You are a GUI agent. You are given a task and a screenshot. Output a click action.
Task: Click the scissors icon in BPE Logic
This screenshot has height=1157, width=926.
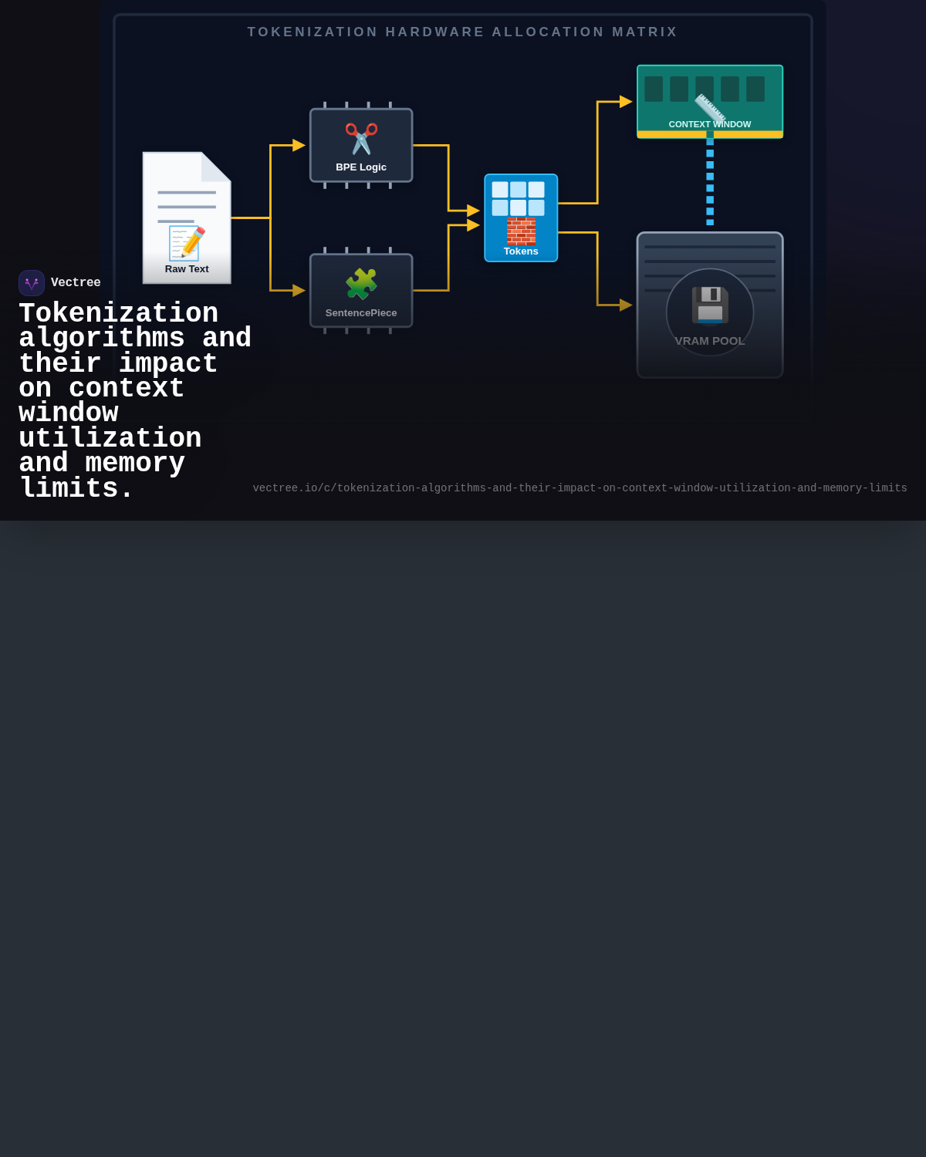(x=361, y=139)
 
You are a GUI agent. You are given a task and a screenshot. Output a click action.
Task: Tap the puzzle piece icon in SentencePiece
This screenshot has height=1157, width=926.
(x=361, y=284)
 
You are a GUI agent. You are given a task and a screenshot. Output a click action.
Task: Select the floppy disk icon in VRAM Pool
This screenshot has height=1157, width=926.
(x=710, y=305)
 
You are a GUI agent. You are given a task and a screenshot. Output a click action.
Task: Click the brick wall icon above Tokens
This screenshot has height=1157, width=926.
(x=521, y=231)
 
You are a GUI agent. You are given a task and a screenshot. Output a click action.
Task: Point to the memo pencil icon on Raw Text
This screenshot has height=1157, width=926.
(x=187, y=244)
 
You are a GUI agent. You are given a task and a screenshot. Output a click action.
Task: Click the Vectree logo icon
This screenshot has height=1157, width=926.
(x=32, y=283)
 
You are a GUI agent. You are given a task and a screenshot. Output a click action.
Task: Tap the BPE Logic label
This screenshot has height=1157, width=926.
(x=361, y=167)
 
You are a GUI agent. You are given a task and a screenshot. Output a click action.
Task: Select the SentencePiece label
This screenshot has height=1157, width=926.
(x=361, y=313)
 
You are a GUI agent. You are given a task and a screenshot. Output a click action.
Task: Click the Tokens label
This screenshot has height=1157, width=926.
(x=521, y=251)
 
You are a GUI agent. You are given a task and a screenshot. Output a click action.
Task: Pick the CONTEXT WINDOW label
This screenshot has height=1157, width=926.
(x=710, y=124)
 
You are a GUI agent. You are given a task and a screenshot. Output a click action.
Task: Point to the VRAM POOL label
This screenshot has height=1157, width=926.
(x=710, y=341)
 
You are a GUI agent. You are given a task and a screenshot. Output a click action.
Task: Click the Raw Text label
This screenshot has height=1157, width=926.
(x=187, y=269)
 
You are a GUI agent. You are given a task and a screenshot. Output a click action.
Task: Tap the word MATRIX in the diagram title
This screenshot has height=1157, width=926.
(x=645, y=32)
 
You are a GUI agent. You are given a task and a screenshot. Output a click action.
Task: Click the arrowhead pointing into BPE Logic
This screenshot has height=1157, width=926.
(x=299, y=145)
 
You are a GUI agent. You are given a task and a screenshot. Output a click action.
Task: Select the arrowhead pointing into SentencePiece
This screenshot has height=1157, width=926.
(x=299, y=291)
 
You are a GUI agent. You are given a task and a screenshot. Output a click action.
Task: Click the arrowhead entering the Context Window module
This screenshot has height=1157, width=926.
(x=626, y=102)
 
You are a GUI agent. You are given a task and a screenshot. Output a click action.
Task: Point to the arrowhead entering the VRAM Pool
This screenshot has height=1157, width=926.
(x=626, y=305)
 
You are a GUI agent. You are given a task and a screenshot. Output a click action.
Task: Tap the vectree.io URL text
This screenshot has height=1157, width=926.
(x=580, y=488)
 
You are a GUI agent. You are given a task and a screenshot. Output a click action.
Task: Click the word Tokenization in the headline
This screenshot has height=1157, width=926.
(x=119, y=314)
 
